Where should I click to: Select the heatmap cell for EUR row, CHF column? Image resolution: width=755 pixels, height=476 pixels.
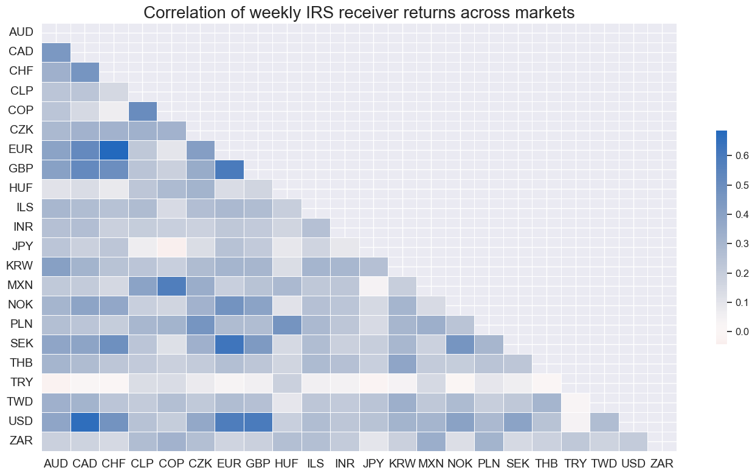coord(114,148)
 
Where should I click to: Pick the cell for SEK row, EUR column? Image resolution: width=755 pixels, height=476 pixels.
coord(229,342)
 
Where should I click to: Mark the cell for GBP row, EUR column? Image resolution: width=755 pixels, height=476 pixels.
coord(229,168)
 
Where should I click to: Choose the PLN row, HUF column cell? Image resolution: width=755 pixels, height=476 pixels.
coord(287,323)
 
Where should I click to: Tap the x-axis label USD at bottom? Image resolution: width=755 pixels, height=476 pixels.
coord(633,463)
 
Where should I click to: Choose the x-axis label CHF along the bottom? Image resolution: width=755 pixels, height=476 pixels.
coord(114,463)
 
